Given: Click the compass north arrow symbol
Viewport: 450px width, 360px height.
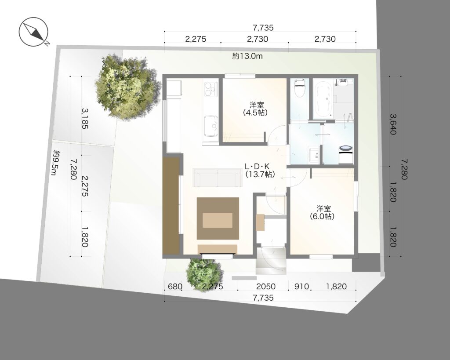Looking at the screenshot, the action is point(33,31).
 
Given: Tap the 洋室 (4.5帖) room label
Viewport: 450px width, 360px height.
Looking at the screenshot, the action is point(255,109).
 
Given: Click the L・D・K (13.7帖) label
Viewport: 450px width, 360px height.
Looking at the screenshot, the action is point(259,170).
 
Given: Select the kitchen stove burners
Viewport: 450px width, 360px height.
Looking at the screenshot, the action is point(211,88).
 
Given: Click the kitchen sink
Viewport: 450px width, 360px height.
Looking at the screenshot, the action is point(211,126).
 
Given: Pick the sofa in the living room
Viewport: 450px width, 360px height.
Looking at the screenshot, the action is point(217,178).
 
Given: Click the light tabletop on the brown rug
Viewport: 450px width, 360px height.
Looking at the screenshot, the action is point(218,220).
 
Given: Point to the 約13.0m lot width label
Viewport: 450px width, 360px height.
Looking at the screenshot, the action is point(247,56).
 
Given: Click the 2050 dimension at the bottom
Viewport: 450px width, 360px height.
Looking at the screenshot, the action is point(266,286).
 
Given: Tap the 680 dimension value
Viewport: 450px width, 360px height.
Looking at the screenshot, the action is point(175,286).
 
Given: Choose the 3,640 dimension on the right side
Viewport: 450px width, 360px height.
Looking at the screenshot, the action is point(393,124).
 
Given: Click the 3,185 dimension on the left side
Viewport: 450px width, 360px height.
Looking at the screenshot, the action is point(85,118).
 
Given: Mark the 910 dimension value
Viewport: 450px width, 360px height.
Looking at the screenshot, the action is point(301,286).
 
